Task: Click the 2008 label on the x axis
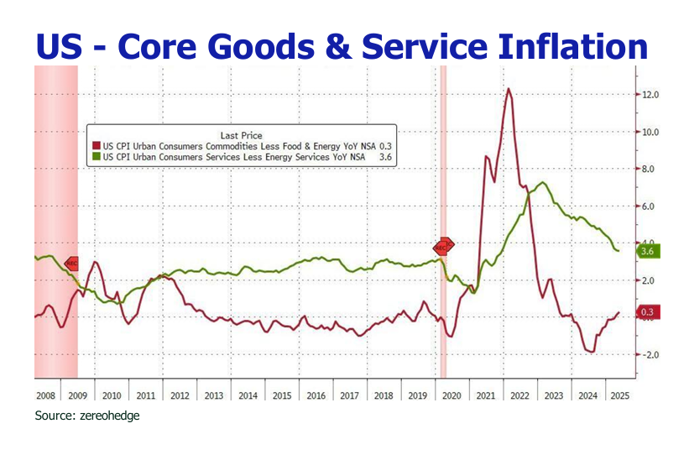click(45, 394)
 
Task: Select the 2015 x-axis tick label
click(282, 394)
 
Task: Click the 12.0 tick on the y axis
click(651, 95)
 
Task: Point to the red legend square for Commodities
click(95, 146)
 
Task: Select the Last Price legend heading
click(241, 135)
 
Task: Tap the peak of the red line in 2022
click(508, 89)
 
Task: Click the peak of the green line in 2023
click(543, 182)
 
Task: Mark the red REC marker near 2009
click(71, 263)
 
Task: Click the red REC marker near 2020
click(443, 246)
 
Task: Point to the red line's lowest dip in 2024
click(592, 352)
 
